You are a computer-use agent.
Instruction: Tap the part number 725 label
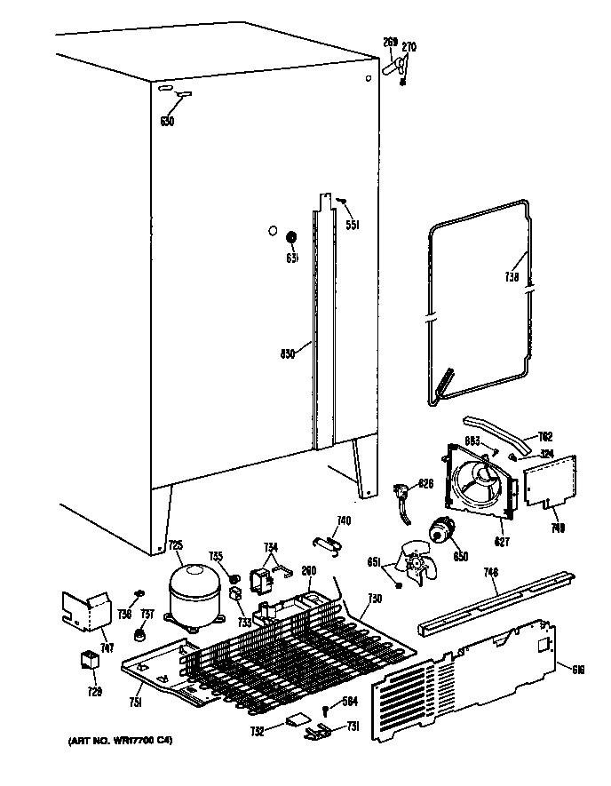coord(175,545)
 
